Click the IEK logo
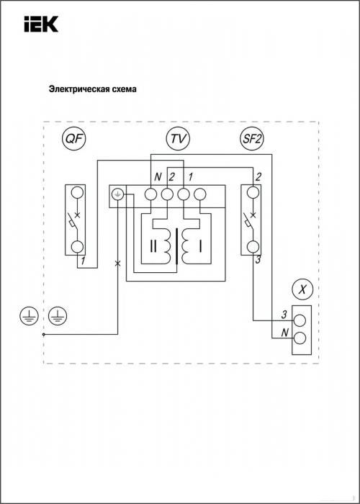coord(41,24)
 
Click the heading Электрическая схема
coord(93,89)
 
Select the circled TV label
coord(178,139)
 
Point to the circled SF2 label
coord(252,139)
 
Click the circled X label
coord(302,290)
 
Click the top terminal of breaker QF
coord(77,192)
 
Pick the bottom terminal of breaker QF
coord(77,247)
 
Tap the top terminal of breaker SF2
coord(253,192)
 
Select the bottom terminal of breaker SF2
coord(253,247)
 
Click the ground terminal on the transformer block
coord(117,194)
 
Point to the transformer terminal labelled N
coord(150,194)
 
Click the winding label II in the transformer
coord(153,246)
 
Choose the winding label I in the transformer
coord(200,246)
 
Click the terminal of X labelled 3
coord(300,320)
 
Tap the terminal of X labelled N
coord(300,338)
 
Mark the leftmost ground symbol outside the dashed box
coord(30,316)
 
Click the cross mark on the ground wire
coord(117,264)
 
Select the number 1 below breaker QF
coord(83,261)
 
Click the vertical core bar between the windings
coord(176,246)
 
